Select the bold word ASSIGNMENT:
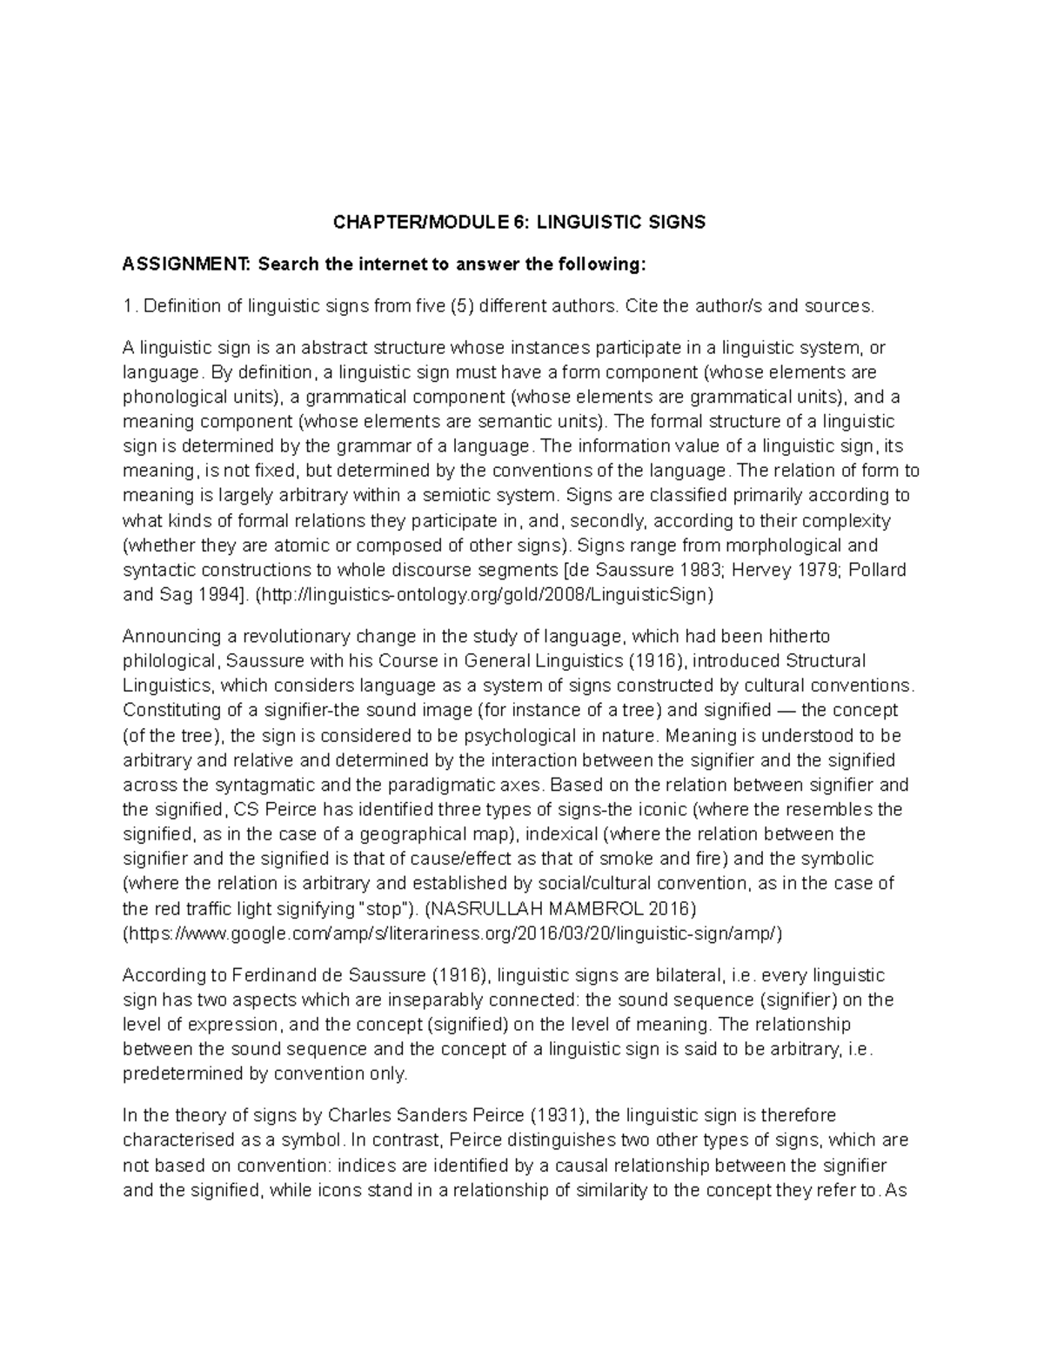(x=184, y=264)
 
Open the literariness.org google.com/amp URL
(x=452, y=933)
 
